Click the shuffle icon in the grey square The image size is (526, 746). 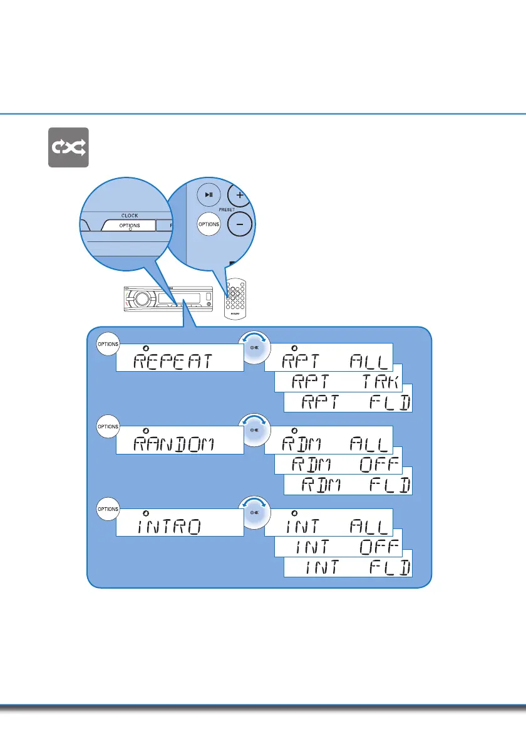[x=68, y=147]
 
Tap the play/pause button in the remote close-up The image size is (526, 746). [x=209, y=195]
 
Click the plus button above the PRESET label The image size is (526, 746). [x=240, y=192]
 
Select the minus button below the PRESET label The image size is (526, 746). [x=240, y=224]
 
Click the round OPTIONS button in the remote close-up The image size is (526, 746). [x=209, y=224]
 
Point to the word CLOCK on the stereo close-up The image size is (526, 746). [x=130, y=216]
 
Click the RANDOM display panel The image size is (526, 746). [x=180, y=440]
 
